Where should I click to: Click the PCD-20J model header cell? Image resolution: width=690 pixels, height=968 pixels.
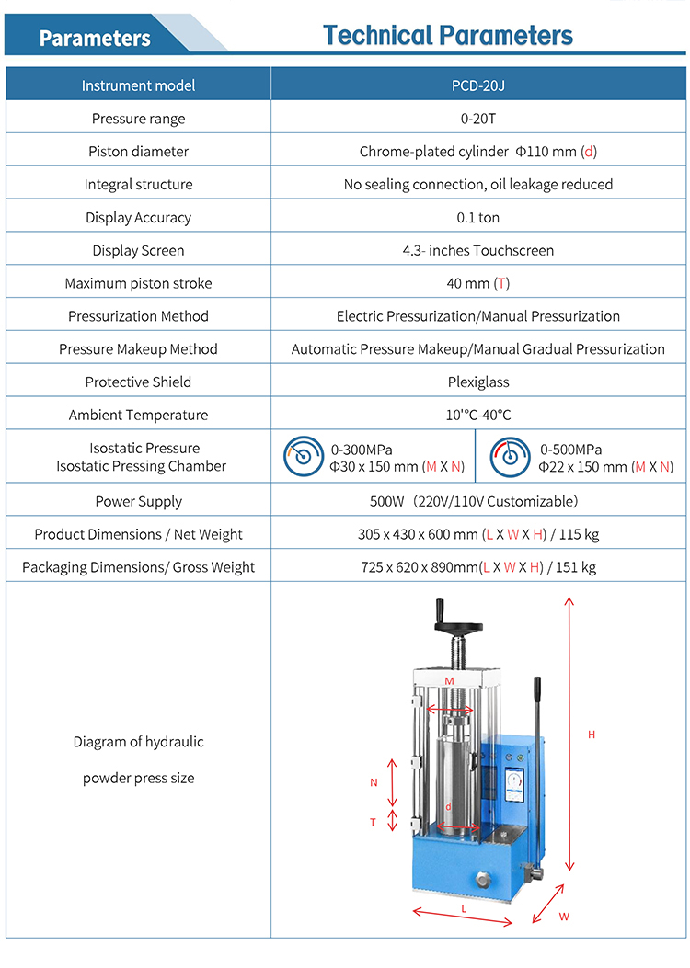[x=478, y=85]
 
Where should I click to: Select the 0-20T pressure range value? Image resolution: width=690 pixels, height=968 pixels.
[x=478, y=119]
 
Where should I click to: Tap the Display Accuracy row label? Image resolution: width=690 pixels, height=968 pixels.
[x=138, y=218]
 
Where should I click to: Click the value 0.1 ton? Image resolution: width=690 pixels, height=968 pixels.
[x=478, y=218]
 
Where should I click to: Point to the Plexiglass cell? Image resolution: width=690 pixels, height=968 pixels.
[x=478, y=382]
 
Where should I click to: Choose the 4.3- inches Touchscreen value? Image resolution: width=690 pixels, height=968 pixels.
[x=478, y=251]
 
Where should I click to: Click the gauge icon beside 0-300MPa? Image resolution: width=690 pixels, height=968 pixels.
[x=302, y=457]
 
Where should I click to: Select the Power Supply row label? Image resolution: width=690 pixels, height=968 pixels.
[x=138, y=502]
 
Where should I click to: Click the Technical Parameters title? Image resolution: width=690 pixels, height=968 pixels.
[x=448, y=36]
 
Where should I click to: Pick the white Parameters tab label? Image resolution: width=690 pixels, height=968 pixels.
[x=95, y=38]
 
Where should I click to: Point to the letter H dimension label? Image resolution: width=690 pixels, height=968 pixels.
[x=592, y=735]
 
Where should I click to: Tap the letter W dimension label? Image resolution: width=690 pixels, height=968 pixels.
[x=564, y=917]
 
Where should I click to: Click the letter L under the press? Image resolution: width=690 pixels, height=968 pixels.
[x=464, y=907]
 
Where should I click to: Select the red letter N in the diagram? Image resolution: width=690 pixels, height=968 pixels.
[x=374, y=783]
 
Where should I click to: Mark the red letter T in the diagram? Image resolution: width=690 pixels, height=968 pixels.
[x=374, y=822]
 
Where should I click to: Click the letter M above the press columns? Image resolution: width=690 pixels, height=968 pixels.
[x=450, y=681]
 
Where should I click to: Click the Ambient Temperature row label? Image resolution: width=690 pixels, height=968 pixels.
[x=138, y=416]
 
